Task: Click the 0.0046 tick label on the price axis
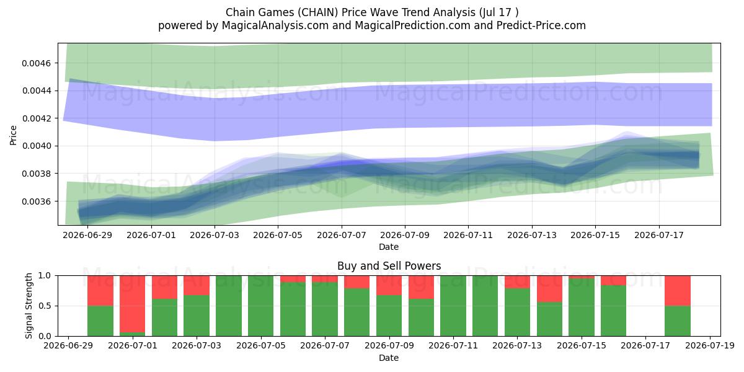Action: (x=36, y=63)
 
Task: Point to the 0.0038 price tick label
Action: (x=36, y=174)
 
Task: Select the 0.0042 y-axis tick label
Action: (x=36, y=118)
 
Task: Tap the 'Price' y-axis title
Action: (x=13, y=135)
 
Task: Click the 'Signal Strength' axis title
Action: (x=29, y=306)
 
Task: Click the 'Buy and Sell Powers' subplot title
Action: (x=389, y=266)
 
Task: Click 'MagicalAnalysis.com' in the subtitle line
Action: (x=275, y=25)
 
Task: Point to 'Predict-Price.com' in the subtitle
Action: (x=541, y=25)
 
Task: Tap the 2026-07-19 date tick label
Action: (x=710, y=346)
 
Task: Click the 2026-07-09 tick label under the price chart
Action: (x=405, y=235)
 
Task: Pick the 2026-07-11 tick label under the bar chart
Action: (x=453, y=346)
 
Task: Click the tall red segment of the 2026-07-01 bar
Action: (x=133, y=304)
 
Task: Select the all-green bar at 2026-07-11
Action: (x=453, y=306)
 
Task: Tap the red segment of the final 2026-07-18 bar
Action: (x=678, y=291)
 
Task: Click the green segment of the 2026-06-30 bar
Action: (x=100, y=321)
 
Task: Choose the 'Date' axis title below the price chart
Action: (x=389, y=247)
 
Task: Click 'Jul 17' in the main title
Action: (x=496, y=12)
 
